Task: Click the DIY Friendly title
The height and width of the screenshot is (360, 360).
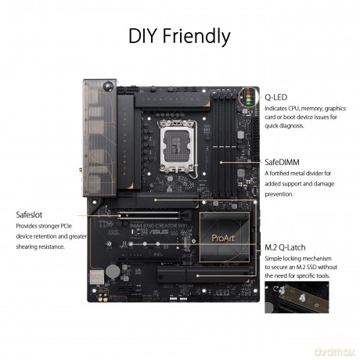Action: point(179,36)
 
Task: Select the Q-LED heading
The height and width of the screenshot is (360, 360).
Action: point(276,97)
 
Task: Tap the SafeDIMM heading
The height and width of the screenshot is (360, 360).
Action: point(282,162)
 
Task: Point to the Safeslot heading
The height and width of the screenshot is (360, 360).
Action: point(29,214)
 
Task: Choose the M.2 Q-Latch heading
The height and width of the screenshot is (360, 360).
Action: point(285,247)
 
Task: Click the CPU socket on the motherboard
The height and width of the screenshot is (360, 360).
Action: point(178,146)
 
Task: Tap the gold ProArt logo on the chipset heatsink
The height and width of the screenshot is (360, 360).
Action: point(223,238)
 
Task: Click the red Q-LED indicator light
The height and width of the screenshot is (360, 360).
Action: point(248,92)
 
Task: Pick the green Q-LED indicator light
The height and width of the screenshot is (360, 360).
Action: point(248,103)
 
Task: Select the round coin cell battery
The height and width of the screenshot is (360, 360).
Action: point(113,271)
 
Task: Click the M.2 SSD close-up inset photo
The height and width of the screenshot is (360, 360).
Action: point(297,297)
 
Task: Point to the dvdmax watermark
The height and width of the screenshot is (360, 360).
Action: point(335,351)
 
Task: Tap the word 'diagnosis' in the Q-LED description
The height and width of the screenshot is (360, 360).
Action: point(292,126)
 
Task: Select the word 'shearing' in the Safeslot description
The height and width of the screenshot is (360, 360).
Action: point(26,247)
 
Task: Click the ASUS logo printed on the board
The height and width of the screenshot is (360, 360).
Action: point(159,232)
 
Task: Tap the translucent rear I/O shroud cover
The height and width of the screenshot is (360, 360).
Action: point(99,138)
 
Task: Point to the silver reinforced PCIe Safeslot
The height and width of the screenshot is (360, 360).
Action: point(149,216)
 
